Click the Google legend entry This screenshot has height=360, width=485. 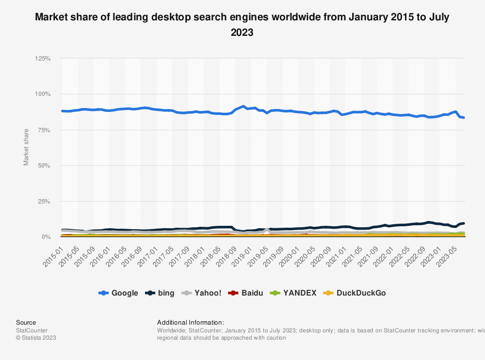click(118, 293)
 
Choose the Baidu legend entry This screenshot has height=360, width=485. click(246, 293)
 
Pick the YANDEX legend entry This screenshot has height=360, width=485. click(293, 293)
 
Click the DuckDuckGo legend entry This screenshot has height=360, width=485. click(355, 293)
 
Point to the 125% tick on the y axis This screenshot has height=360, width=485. click(43, 59)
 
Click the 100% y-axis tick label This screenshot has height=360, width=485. click(43, 94)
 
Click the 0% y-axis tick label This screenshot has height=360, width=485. click(46, 237)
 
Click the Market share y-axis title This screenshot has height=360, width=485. click(26, 147)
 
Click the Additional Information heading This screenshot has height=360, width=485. click(191, 322)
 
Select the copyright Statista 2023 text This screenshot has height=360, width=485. click(36, 338)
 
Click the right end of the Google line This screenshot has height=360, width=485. click(464, 117)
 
